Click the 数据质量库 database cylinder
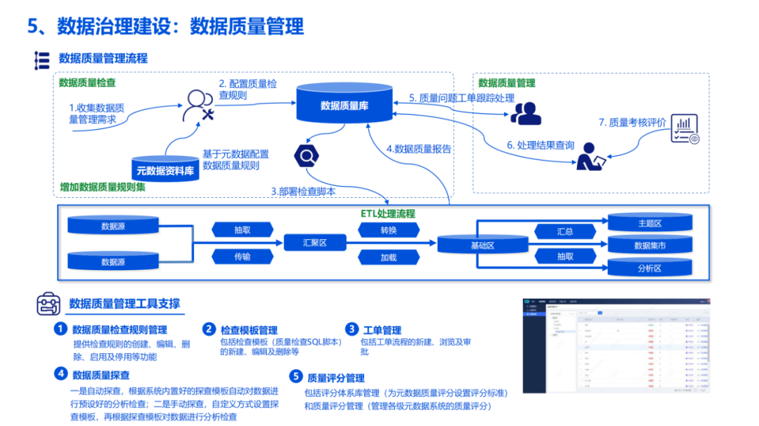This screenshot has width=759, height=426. click(x=344, y=105)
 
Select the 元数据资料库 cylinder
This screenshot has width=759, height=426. click(x=165, y=169)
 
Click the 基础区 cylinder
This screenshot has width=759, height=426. click(x=481, y=245)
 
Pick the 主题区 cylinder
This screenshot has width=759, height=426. click(x=649, y=223)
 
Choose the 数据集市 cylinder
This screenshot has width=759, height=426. click(x=649, y=246)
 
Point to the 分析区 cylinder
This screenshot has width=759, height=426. click(x=649, y=268)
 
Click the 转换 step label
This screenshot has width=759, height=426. click(x=389, y=230)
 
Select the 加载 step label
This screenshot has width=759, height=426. click(x=389, y=257)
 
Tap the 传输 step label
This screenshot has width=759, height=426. click(x=242, y=257)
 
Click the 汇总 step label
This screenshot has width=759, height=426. click(x=564, y=231)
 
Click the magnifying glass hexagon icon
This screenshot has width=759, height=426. click(x=307, y=154)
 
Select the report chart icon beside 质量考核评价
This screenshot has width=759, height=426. click(x=685, y=129)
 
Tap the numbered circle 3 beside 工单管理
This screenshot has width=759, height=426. click(x=351, y=329)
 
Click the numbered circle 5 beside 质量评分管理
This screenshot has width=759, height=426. click(x=296, y=377)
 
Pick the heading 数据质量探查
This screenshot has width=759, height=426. click(x=100, y=375)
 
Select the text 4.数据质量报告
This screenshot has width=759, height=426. click(x=419, y=149)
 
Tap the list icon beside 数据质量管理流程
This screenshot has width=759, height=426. click(x=42, y=60)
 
